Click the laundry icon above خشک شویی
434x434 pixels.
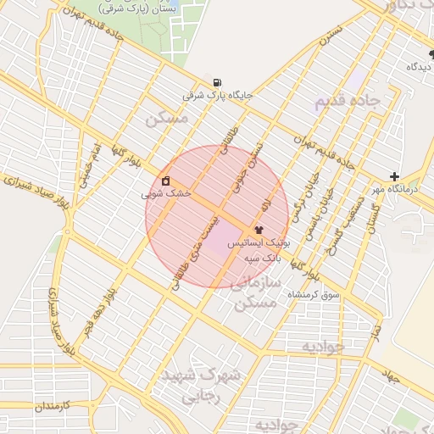[165, 181]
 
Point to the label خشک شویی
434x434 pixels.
[167, 193]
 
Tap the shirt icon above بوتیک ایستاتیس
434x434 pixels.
[259, 230]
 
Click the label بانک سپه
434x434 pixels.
[263, 256]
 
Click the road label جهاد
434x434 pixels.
[390, 374]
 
